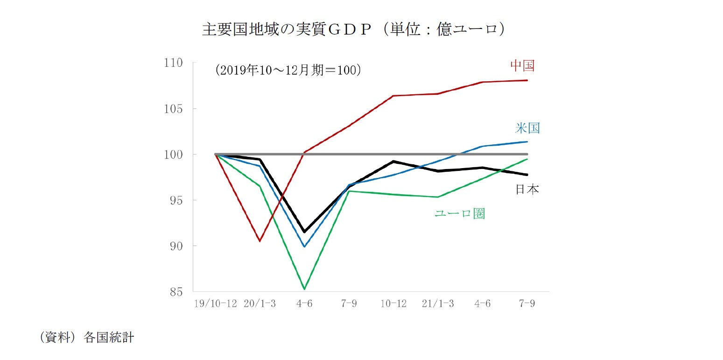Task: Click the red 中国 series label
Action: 522,66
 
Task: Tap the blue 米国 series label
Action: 527,128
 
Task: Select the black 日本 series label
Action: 527,190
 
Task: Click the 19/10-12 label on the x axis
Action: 216,304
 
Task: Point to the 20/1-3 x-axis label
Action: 260,304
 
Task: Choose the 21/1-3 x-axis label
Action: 437,304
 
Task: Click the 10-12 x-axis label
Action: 393,304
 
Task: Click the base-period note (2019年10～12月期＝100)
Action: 288,70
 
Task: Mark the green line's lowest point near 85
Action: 304,289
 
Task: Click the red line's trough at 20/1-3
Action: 260,241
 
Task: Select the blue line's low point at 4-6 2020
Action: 304,247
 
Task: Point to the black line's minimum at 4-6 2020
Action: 304,232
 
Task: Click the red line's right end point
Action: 527,80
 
